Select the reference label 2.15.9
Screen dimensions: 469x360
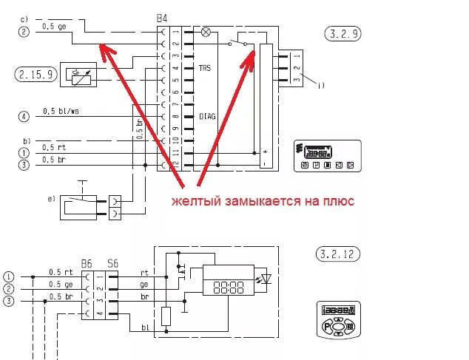pyautogui.click(x=35, y=74)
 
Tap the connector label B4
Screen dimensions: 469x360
pyautogui.click(x=162, y=17)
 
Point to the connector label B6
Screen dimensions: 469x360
pyautogui.click(x=87, y=263)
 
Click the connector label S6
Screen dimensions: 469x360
pyautogui.click(x=112, y=263)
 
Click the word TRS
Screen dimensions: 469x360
pyautogui.click(x=207, y=68)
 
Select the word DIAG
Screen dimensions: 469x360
pyautogui.click(x=208, y=116)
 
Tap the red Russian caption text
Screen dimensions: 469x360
pyautogui.click(x=263, y=201)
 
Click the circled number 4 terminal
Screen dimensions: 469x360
pyautogui.click(x=24, y=116)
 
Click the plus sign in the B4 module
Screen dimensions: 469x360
pyautogui.click(x=264, y=150)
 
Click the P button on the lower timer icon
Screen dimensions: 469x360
pyautogui.click(x=326, y=327)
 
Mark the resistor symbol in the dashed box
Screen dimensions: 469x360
pyautogui.click(x=167, y=316)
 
